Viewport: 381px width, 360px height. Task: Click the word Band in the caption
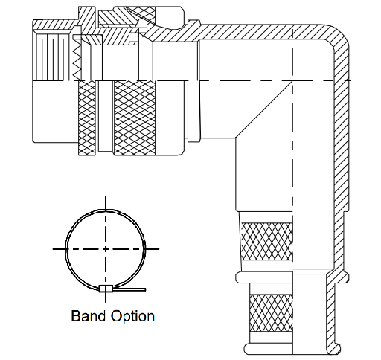coord(89,316)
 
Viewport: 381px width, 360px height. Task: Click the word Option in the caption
coord(132,317)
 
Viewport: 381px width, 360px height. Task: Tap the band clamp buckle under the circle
coord(106,289)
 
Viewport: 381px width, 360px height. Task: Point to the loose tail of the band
coord(129,289)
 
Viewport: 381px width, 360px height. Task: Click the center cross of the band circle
coord(106,248)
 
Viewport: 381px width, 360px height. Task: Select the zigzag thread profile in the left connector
coord(77,60)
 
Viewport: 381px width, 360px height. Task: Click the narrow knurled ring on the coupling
coord(87,118)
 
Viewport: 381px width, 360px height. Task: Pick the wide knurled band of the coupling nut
coord(135,118)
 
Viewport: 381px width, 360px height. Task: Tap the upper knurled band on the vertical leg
coord(266,241)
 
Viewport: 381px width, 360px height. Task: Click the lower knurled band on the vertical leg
coord(271,313)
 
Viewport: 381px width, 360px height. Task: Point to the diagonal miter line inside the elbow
coord(264,109)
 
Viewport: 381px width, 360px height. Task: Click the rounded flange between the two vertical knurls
coord(264,277)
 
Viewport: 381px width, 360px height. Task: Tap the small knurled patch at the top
coord(143,12)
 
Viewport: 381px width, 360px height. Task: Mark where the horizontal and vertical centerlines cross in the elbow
coord(292,80)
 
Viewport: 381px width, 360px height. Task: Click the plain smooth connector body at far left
coord(56,112)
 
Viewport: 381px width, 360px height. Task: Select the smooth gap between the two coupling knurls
coord(106,116)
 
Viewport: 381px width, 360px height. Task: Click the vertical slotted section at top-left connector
coord(51,57)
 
